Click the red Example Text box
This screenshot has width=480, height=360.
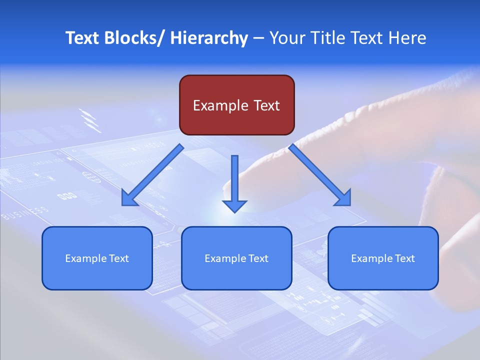pyautogui.click(x=236, y=105)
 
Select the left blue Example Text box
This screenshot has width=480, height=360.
pyautogui.click(x=97, y=258)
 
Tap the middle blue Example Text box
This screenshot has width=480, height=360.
pyautogui.click(x=236, y=258)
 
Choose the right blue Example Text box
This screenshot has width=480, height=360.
pyautogui.click(x=383, y=258)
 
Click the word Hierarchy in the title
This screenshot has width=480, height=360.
pyautogui.click(x=209, y=38)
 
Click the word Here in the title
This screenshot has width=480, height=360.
pyautogui.click(x=408, y=38)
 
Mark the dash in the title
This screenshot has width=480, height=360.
pyautogui.click(x=258, y=38)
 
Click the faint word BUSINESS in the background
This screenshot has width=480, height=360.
pyautogui.click(x=25, y=213)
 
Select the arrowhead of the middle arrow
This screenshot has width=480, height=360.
pyautogui.click(x=234, y=205)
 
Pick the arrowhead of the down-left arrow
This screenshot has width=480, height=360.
pyautogui.click(x=129, y=199)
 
